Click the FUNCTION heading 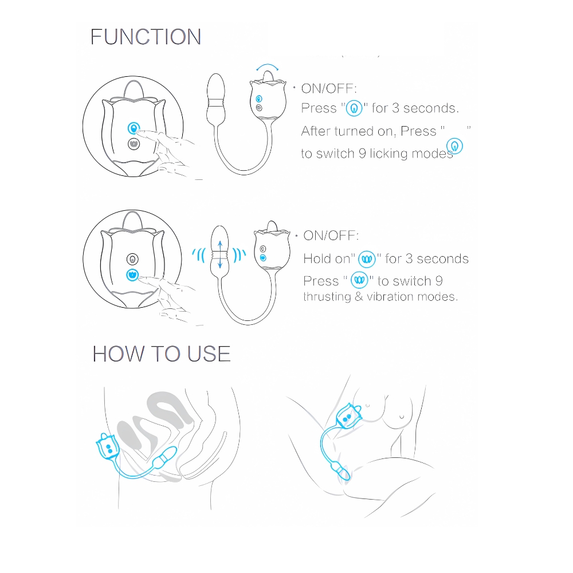pyautogui.click(x=146, y=37)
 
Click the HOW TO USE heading pyautogui.click(x=162, y=354)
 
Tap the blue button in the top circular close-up pyautogui.click(x=134, y=128)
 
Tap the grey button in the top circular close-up pyautogui.click(x=134, y=144)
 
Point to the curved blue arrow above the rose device pyautogui.click(x=268, y=66)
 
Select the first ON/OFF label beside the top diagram pyautogui.click(x=329, y=88)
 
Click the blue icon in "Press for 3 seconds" pyautogui.click(x=354, y=108)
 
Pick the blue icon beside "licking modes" pyautogui.click(x=454, y=146)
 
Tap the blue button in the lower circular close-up pyautogui.click(x=132, y=275)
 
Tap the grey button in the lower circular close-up pyautogui.click(x=132, y=259)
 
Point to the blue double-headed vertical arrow pyautogui.click(x=219, y=255)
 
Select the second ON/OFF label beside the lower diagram pyautogui.click(x=331, y=236)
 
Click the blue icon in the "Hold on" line pyautogui.click(x=367, y=259)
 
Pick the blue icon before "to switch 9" pyautogui.click(x=360, y=280)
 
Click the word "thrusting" pyautogui.click(x=327, y=297)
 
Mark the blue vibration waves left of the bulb pyautogui.click(x=199, y=255)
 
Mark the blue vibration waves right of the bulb pyautogui.click(x=240, y=255)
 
